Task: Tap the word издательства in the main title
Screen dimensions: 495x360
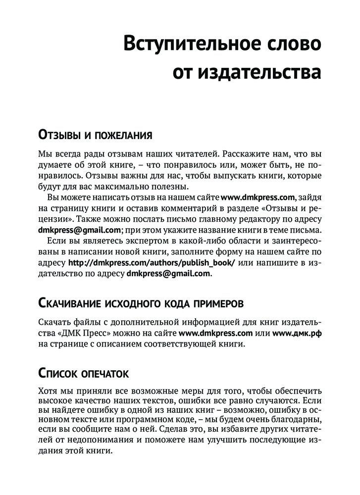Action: pyautogui.click(x=260, y=72)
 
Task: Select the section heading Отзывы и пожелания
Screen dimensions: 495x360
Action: pyautogui.click(x=95, y=135)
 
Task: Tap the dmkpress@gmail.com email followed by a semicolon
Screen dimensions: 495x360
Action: pyautogui.click(x=80, y=230)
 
